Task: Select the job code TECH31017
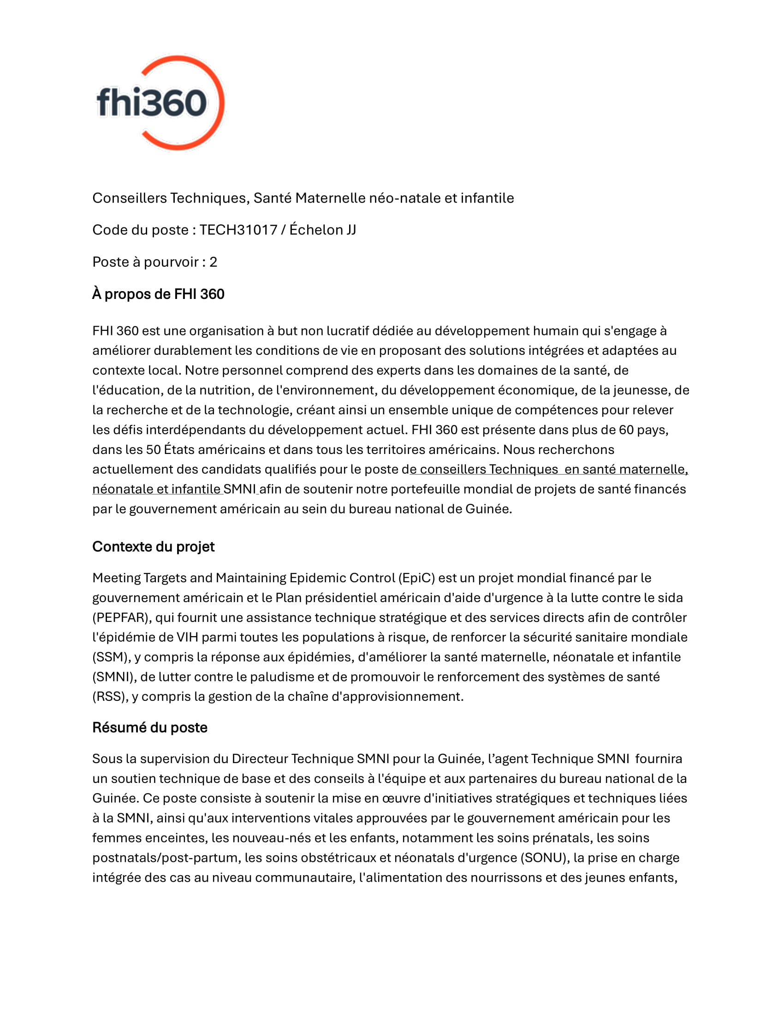tap(238, 230)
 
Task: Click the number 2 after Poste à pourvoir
tap(213, 262)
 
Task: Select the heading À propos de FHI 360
tap(158, 294)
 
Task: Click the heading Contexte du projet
tap(153, 547)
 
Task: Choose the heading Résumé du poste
tap(149, 727)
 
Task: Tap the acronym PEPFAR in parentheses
tap(121, 618)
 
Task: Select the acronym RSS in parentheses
tap(110, 697)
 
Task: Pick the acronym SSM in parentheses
tap(110, 657)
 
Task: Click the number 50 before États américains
tap(153, 450)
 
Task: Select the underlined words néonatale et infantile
tap(156, 490)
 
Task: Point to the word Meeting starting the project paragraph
tap(116, 578)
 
